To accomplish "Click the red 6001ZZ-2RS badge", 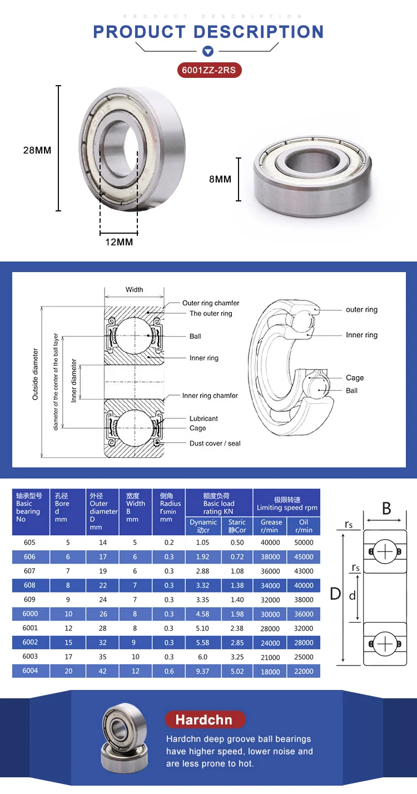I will [209, 70].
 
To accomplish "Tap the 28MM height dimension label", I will [37, 150].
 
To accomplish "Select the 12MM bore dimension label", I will [119, 242].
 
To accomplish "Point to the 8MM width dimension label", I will [220, 179].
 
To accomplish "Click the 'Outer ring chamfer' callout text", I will [211, 303].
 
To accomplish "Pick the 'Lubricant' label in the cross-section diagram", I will [203, 418].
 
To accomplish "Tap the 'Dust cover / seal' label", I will [215, 443].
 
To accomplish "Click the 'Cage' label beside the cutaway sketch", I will [355, 378].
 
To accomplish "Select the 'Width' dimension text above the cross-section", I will [134, 289].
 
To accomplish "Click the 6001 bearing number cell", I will [30, 628].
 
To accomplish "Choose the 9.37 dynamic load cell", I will [203, 672].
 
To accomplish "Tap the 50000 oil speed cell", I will [304, 543].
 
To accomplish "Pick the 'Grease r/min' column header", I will [271, 526].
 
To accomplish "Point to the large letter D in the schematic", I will [335, 594].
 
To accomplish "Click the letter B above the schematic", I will [386, 508].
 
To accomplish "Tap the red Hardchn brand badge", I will [204, 720].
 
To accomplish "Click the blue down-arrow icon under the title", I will [208, 52].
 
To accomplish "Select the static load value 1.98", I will [237, 614].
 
